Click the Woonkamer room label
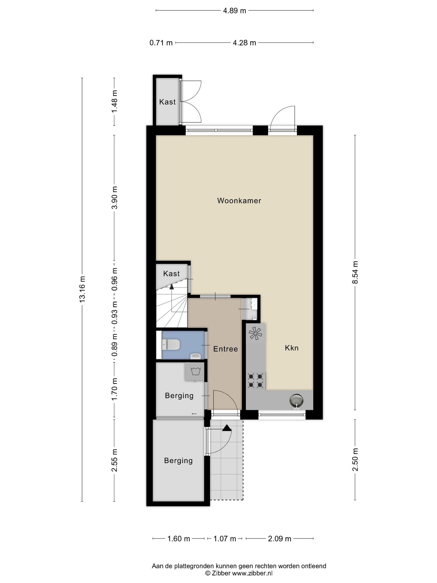pyautogui.click(x=239, y=201)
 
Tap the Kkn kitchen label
pyautogui.click(x=292, y=348)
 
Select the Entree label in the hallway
pyautogui.click(x=225, y=349)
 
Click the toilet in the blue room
pyautogui.click(x=171, y=345)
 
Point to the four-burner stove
pyautogui.click(x=255, y=381)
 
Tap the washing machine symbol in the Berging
pyautogui.click(x=195, y=372)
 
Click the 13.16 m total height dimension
pyautogui.click(x=82, y=289)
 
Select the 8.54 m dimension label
pyautogui.click(x=355, y=272)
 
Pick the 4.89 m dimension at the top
pyautogui.click(x=234, y=11)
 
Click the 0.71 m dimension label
pyautogui.click(x=161, y=43)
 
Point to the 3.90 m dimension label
pyautogui.click(x=114, y=198)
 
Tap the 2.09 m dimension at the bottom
pyautogui.click(x=280, y=539)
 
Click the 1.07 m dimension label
pyautogui.click(x=225, y=539)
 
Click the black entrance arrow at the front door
pyautogui.click(x=227, y=428)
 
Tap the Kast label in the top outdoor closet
pyautogui.click(x=167, y=102)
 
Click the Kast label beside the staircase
pyautogui.click(x=171, y=274)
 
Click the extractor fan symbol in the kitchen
pyautogui.click(x=255, y=333)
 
